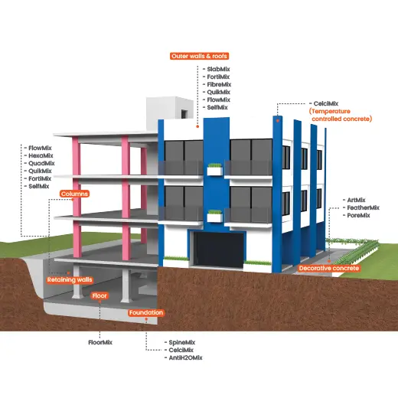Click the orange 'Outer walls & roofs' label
click(199, 56)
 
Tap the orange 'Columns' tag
click(74, 194)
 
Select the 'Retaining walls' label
click(70, 280)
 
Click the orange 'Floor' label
click(99, 295)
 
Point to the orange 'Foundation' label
click(146, 312)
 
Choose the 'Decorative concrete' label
click(329, 268)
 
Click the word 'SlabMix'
click(218, 69)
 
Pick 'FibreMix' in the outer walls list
click(219, 84)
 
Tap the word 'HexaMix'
click(41, 155)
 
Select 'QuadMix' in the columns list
click(41, 163)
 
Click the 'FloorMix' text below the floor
click(100, 342)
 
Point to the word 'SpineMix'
click(182, 342)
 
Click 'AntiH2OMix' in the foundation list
click(185, 357)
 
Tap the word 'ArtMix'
click(356, 200)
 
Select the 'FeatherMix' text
click(364, 207)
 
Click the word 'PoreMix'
click(358, 215)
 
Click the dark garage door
click(218, 250)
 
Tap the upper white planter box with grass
click(214, 170)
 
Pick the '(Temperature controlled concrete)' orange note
click(341, 115)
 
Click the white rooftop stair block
click(170, 113)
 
